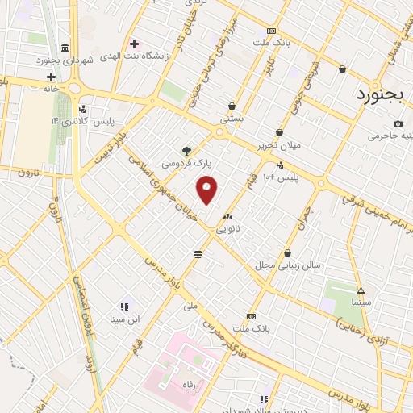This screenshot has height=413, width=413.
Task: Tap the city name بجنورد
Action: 383,94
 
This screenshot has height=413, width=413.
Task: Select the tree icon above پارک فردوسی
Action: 187,150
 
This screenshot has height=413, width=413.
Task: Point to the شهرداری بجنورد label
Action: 67,60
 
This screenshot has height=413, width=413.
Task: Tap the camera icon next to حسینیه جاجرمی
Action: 398,123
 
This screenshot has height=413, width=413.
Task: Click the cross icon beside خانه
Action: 51,77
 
